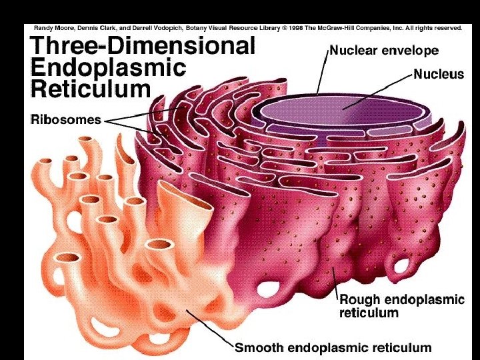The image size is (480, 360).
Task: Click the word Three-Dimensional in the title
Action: (x=143, y=47)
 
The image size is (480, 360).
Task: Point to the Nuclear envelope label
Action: (x=384, y=51)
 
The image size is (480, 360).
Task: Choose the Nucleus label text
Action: (x=439, y=75)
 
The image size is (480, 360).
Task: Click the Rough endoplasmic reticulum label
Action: (x=401, y=305)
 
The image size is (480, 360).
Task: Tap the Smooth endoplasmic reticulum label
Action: (x=333, y=347)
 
